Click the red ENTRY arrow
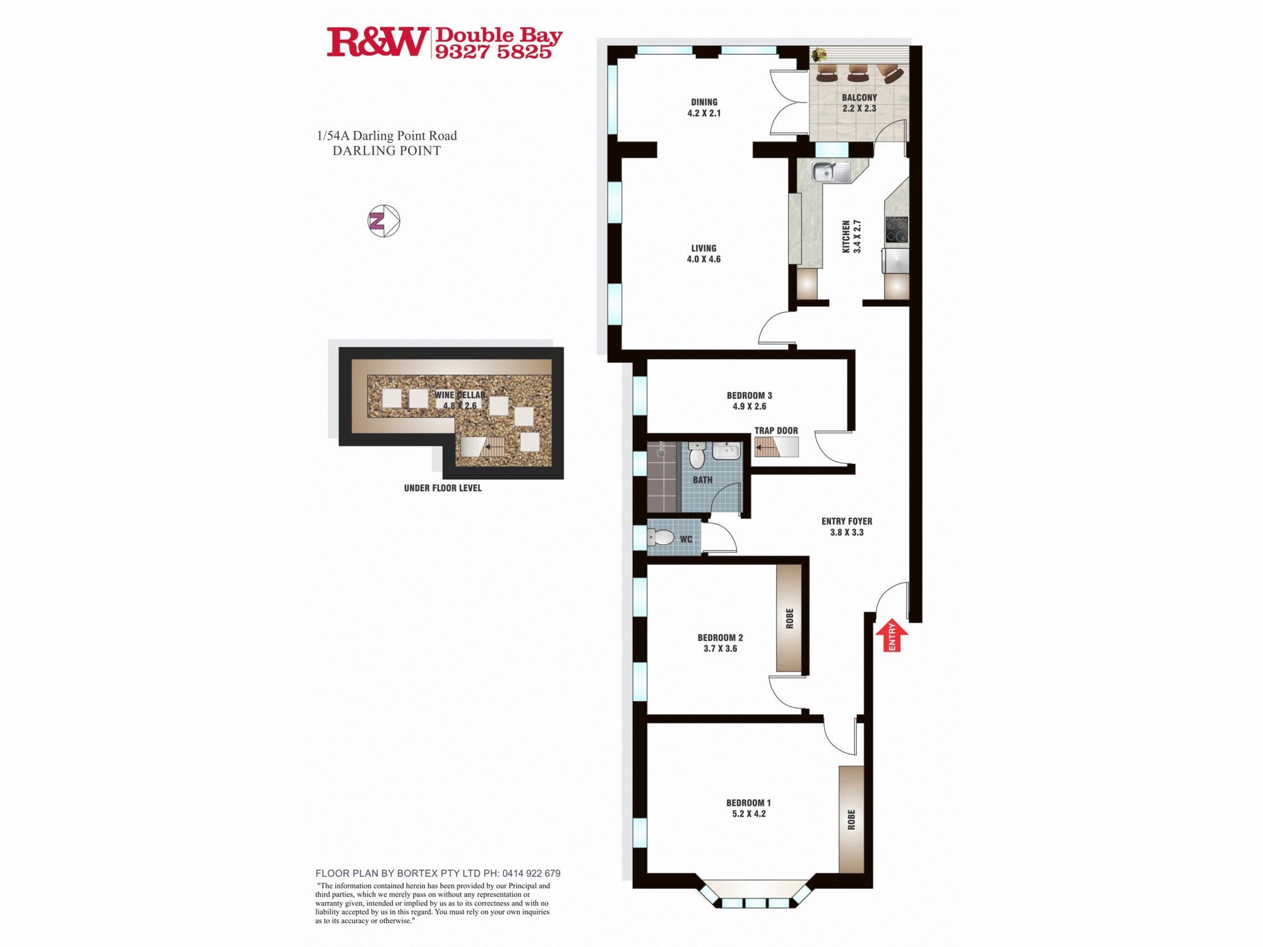pos(892,634)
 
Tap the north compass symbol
pos(384,221)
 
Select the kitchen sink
pos(831,172)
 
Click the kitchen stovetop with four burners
pos(897,230)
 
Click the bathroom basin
pos(726,451)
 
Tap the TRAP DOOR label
pos(776,431)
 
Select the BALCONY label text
pos(859,97)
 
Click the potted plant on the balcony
pos(818,54)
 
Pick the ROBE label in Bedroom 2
pos(789,619)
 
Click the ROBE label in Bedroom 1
pos(851,819)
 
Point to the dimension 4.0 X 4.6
pos(703,259)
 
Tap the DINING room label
pos(704,102)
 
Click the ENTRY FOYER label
pos(847,521)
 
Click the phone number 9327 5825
pos(493,52)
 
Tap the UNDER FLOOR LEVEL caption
pos(443,488)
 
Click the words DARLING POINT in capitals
pos(386,151)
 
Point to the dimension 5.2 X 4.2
pos(749,814)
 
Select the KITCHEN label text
pos(846,237)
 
